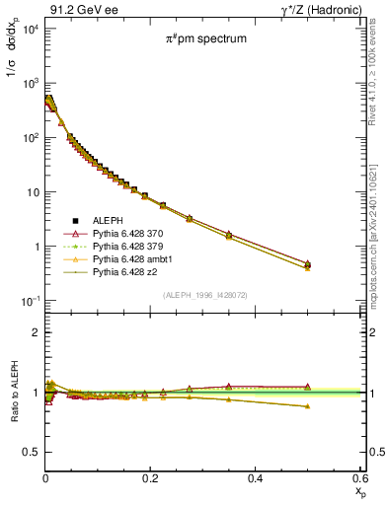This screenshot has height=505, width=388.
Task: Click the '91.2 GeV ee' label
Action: point(76,10)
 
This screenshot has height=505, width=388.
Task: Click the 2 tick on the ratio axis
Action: point(35,332)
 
